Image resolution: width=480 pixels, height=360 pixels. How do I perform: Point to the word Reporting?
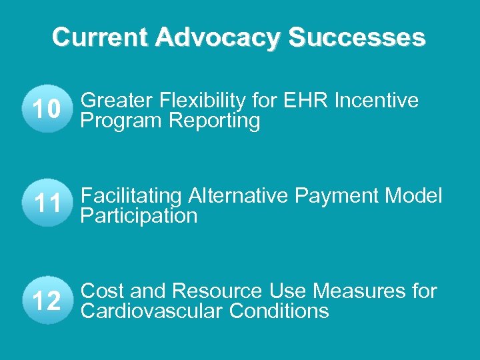[215, 121]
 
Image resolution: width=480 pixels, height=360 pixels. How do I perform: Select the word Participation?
[139, 216]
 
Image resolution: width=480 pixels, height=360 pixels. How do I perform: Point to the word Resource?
[218, 291]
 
